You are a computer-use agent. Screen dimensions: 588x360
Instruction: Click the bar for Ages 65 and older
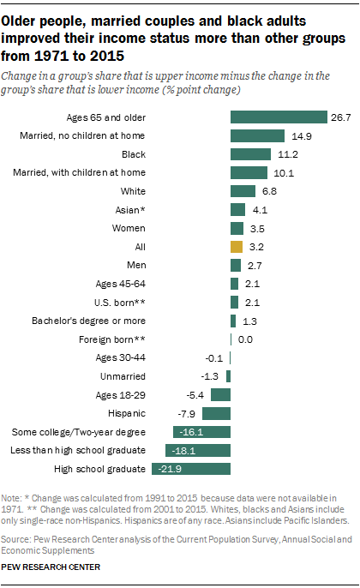click(x=279, y=117)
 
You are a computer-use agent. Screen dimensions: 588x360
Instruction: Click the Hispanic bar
click(x=216, y=413)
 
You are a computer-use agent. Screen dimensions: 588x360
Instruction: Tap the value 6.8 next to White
click(x=268, y=191)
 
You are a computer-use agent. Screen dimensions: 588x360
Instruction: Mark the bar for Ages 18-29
click(x=220, y=395)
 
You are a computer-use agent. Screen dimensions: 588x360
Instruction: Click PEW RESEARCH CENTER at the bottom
click(x=51, y=567)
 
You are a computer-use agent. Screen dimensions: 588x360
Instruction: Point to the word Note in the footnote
click(x=12, y=498)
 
